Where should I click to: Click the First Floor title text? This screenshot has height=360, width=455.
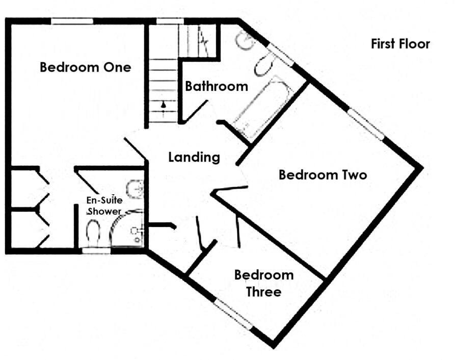click(x=400, y=44)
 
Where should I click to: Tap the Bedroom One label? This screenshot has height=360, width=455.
click(x=85, y=67)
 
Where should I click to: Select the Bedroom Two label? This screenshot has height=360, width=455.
click(x=323, y=175)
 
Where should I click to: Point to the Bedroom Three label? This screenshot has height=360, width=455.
click(x=264, y=284)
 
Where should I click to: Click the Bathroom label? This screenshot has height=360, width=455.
click(x=216, y=86)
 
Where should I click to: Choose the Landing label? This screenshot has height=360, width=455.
click(x=194, y=158)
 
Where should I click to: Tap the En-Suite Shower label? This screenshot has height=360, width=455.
click(x=104, y=206)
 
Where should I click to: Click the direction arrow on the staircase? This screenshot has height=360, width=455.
click(x=163, y=105)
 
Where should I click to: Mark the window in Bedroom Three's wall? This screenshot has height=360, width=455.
click(x=233, y=315)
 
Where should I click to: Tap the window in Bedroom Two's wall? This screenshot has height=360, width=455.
click(x=366, y=124)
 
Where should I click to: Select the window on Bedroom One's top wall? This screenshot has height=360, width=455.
click(x=72, y=21)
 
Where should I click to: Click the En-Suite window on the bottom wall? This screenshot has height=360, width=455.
click(x=97, y=250)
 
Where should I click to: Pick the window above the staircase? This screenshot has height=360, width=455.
click(x=170, y=21)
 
